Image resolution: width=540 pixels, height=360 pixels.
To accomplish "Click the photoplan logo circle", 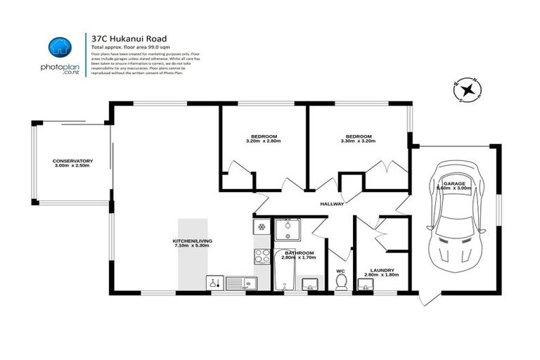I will click(60, 48).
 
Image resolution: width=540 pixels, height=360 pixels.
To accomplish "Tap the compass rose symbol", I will click(466, 89).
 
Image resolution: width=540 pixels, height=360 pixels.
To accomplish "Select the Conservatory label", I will click(72, 161).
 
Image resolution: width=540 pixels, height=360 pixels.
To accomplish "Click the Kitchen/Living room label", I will click(193, 241).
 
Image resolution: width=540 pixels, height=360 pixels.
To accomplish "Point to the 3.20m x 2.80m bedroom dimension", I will click(264, 141).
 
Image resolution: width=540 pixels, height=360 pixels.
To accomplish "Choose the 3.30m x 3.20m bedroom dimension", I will click(358, 141).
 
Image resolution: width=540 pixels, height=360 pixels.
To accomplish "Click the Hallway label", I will click(332, 204).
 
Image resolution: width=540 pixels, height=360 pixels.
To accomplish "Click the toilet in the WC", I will click(341, 282).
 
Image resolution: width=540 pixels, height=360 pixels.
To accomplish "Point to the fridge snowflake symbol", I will click(261, 228).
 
